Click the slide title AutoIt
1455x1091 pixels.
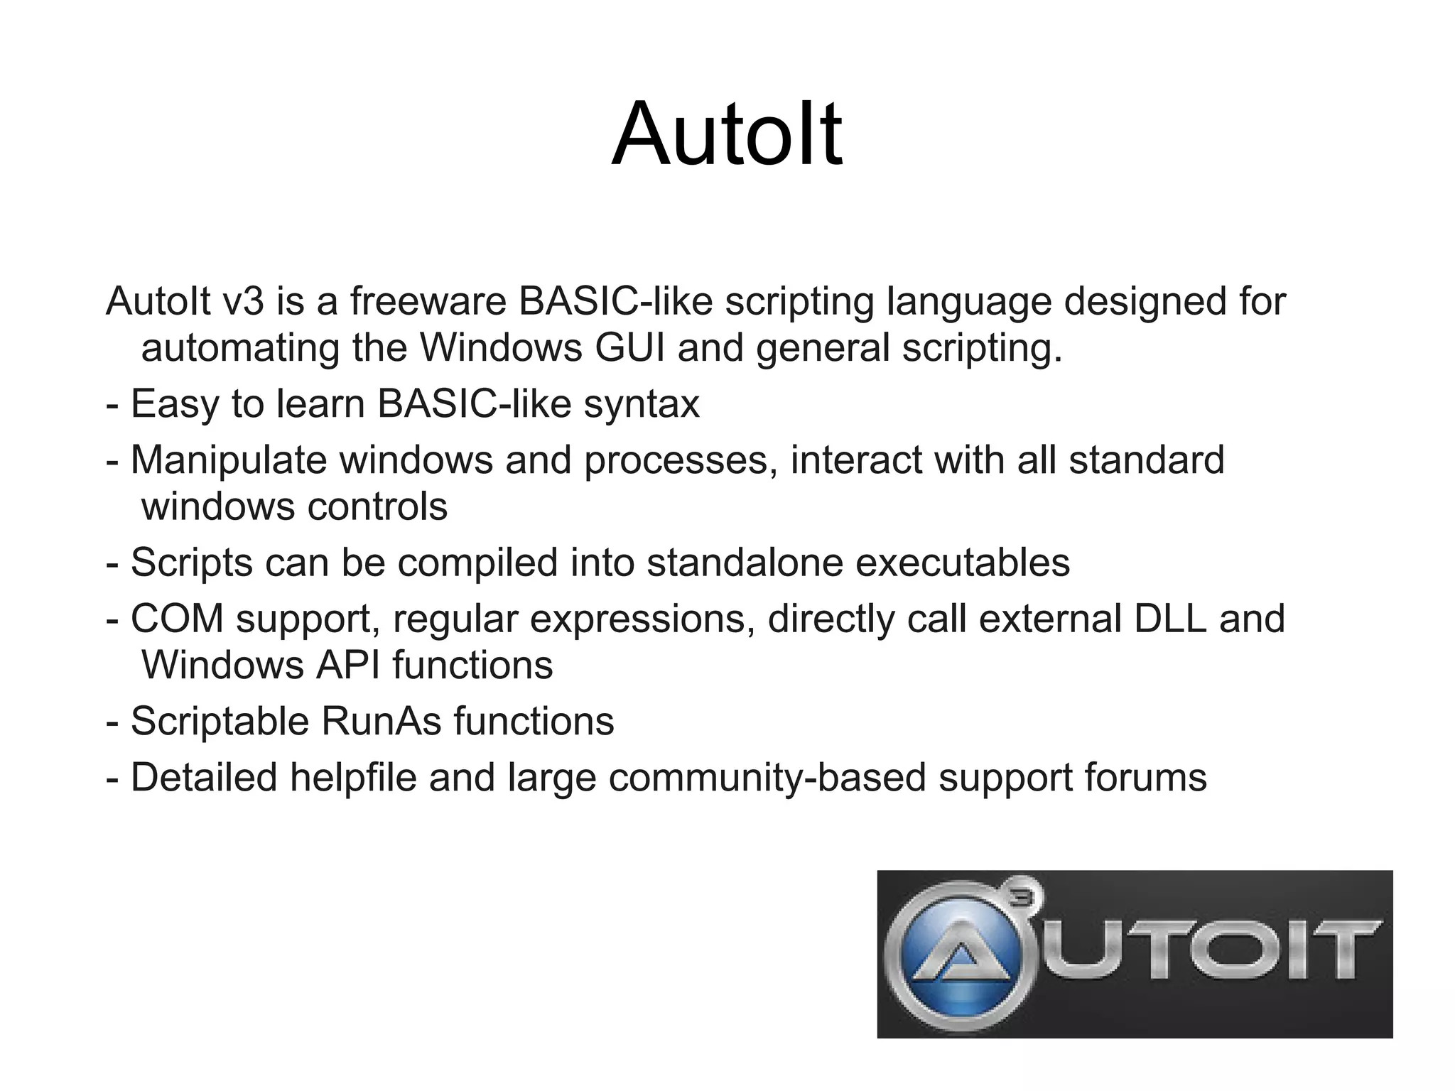click(x=727, y=135)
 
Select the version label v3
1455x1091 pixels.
click(x=243, y=301)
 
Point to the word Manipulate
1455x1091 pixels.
click(x=228, y=460)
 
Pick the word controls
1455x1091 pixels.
click(x=377, y=507)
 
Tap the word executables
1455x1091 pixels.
click(x=962, y=563)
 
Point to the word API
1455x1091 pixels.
click(x=347, y=666)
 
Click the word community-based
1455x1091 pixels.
click(x=767, y=778)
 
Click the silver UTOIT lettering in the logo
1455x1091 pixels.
click(x=1208, y=952)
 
